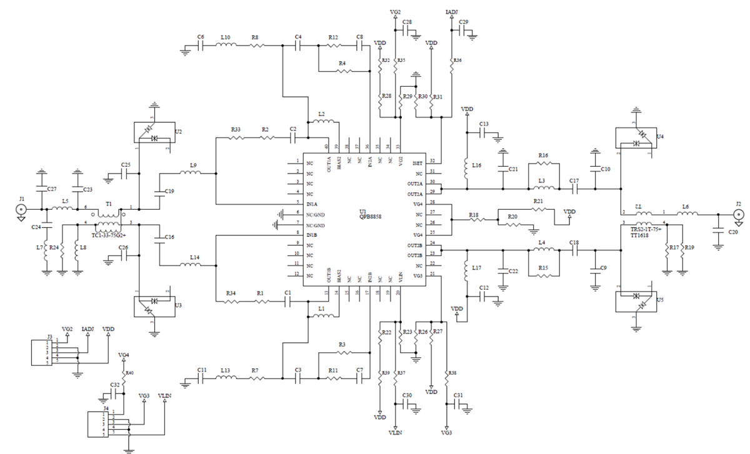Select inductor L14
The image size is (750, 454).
pos(191,265)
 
